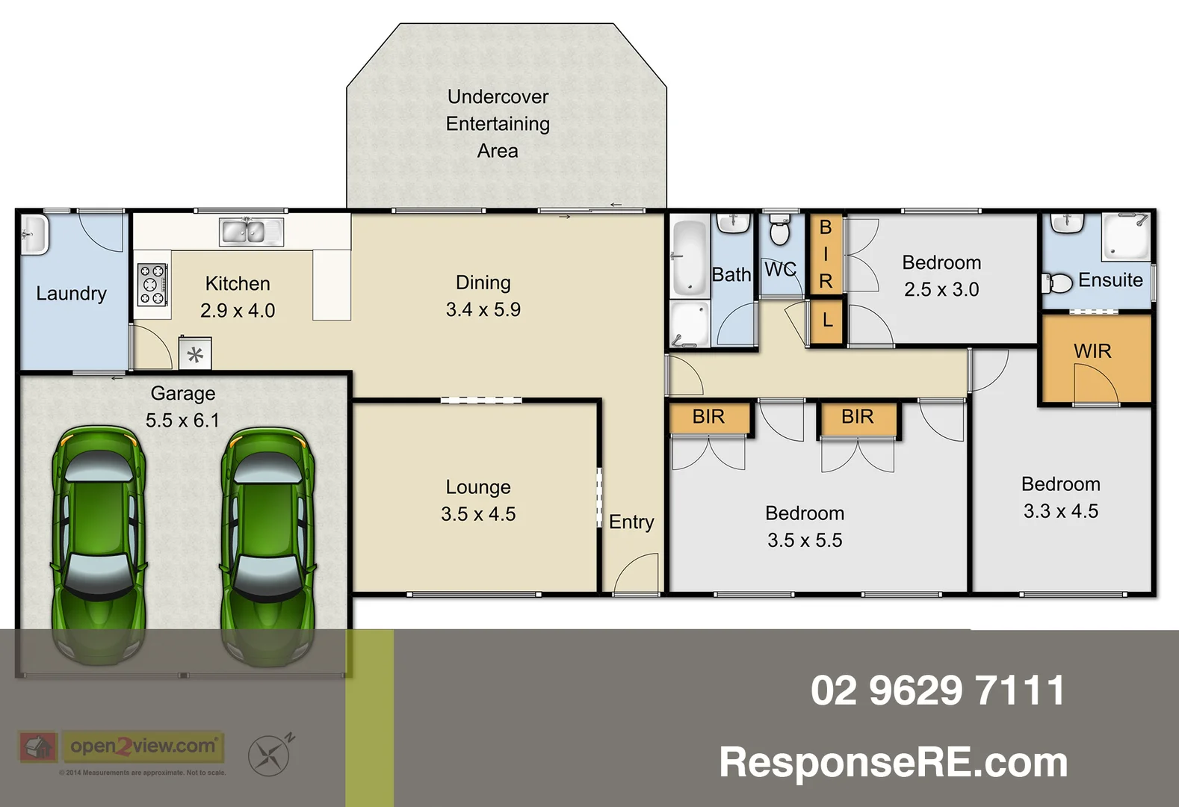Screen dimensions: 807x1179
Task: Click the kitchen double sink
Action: click(x=252, y=232)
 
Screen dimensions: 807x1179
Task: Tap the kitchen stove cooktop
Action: click(x=151, y=285)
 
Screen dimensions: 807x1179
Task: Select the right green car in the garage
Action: click(x=267, y=545)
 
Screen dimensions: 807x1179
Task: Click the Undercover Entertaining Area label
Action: click(x=498, y=124)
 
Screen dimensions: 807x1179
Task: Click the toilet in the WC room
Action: click(x=779, y=231)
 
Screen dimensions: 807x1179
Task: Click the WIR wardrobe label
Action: click(x=1092, y=351)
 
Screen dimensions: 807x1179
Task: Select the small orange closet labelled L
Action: click(x=827, y=321)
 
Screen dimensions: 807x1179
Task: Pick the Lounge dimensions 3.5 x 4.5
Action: click(x=478, y=514)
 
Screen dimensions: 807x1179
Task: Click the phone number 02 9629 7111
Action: click(x=938, y=690)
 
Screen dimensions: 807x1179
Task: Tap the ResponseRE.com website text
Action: click(x=893, y=762)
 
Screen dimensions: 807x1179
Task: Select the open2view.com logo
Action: click(x=142, y=746)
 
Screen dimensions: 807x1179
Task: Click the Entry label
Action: click(x=631, y=522)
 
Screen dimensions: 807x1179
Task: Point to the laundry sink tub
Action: click(x=34, y=235)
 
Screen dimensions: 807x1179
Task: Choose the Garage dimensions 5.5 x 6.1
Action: click(x=183, y=421)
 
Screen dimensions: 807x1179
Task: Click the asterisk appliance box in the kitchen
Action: click(x=195, y=354)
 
